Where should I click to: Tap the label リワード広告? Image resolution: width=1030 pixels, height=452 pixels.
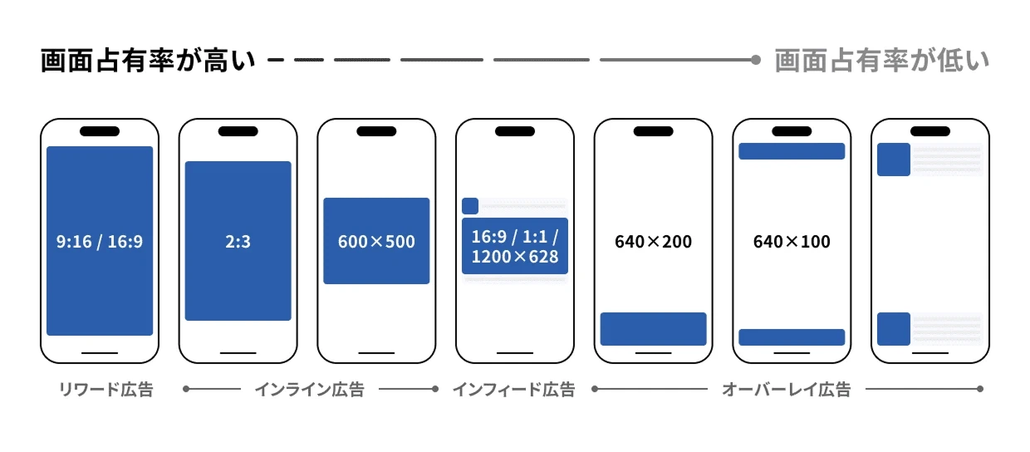pos(105,390)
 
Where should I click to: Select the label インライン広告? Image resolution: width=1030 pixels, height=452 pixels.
pos(309,390)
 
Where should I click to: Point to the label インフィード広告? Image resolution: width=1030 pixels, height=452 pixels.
pos(513,390)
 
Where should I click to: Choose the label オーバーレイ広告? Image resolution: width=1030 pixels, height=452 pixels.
pos(786,390)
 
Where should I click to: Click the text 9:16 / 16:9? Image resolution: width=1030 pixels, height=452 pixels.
pos(100,243)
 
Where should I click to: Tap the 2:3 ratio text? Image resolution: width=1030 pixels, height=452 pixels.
pos(238,243)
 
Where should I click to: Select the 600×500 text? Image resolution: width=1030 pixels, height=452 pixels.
pos(376,242)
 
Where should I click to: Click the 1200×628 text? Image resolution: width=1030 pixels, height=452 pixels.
pos(515,257)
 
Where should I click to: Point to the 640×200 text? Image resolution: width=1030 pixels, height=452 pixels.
pos(653,243)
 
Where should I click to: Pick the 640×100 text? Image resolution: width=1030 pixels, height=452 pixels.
pos(792,243)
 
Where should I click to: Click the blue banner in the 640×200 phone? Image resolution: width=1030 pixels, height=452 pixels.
pos(653,328)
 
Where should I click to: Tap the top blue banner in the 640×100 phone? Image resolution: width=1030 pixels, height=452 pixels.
pos(792,151)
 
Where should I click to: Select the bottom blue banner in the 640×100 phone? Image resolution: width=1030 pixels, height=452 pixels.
pos(792,337)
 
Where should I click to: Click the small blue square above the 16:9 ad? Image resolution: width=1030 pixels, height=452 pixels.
pos(470,206)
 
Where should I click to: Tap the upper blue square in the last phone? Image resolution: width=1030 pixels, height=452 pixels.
pos(894,160)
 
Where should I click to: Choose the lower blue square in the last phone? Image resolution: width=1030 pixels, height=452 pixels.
pos(894,328)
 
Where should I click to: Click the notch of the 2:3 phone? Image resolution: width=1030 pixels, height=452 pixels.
pos(238,131)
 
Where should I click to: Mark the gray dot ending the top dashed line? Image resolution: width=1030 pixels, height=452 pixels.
pos(755,60)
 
